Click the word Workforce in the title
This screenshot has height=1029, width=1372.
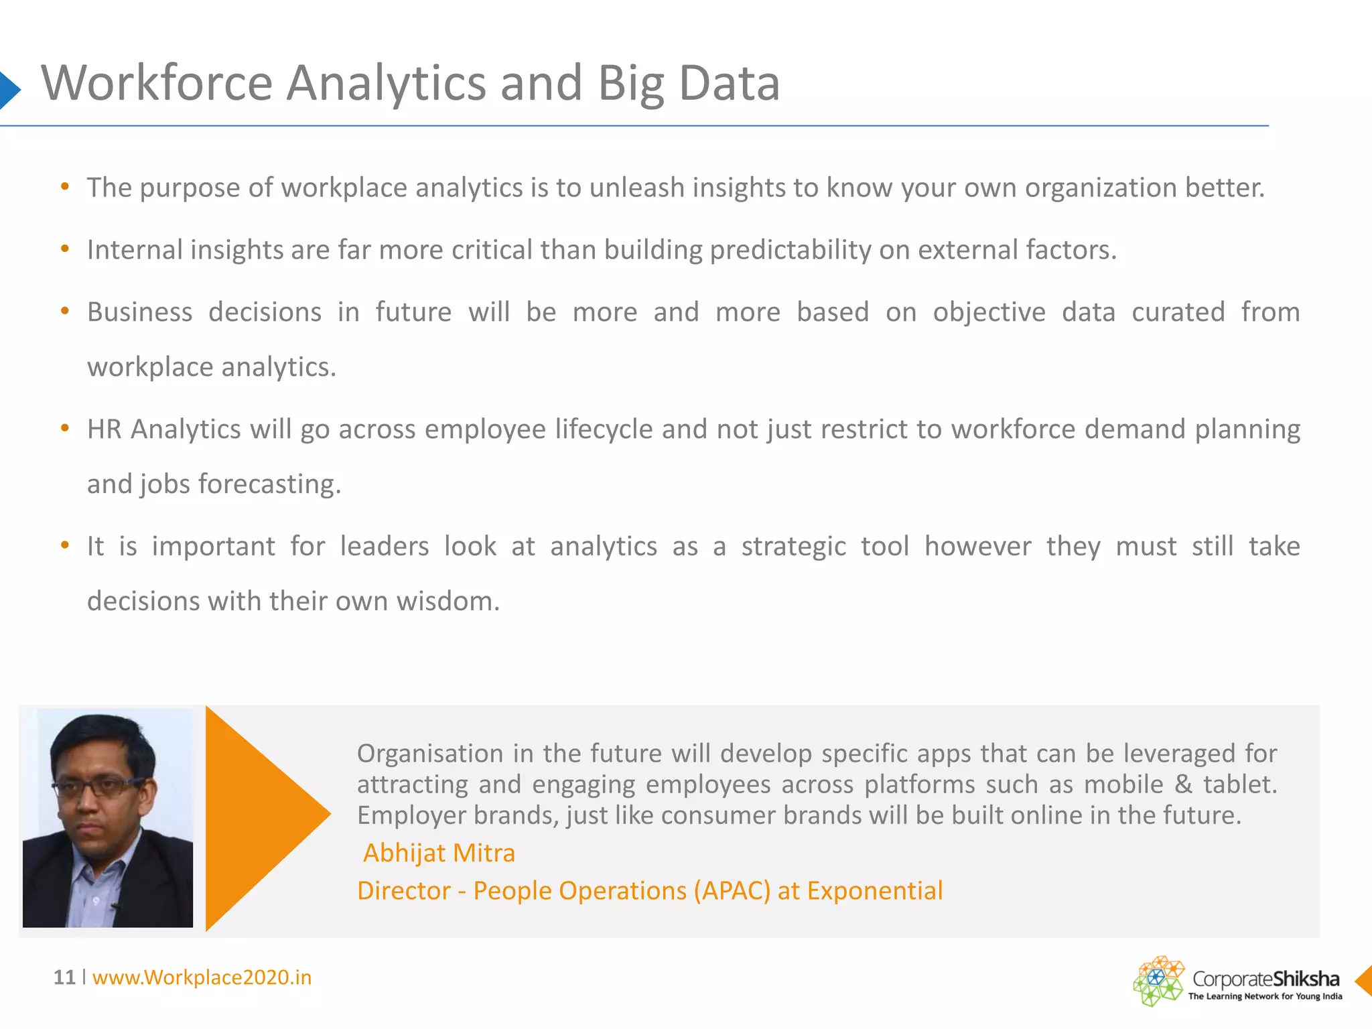157,83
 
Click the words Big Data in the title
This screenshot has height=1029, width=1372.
689,84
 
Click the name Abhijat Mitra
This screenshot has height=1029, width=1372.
439,853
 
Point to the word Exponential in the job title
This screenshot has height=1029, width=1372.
874,890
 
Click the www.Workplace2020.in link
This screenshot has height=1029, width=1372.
202,977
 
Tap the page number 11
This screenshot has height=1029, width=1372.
64,977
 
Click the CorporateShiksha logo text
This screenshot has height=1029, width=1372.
1265,979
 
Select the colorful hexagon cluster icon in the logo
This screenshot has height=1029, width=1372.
1158,981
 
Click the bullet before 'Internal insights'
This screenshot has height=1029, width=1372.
65,249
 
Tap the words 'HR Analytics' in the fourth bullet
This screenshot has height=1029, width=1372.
164,429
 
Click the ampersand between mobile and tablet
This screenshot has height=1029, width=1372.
1183,784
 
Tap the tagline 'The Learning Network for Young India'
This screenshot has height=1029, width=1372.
1265,996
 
